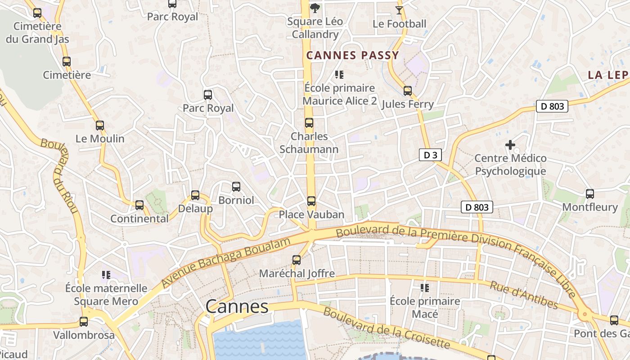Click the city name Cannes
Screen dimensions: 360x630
[237, 307]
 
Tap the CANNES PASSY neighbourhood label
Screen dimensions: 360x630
[352, 55]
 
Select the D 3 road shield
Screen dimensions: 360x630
[430, 155]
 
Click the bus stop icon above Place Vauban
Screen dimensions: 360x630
[311, 201]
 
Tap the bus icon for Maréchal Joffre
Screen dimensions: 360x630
[296, 260]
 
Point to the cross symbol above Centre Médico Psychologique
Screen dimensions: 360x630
[510, 145]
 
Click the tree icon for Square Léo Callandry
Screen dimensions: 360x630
[315, 8]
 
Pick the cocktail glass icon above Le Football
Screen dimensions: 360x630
[399, 10]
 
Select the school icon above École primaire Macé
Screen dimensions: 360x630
[424, 288]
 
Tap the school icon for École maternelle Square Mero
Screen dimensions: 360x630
[106, 274]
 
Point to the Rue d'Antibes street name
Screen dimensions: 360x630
[524, 295]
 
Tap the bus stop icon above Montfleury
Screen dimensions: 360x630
[589, 194]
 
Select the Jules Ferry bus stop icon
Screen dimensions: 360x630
[407, 91]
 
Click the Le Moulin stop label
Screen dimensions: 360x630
[100, 139]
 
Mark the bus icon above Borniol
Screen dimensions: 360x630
[236, 187]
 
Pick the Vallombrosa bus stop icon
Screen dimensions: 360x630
[84, 322]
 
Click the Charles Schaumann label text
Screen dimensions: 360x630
[309, 142]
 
